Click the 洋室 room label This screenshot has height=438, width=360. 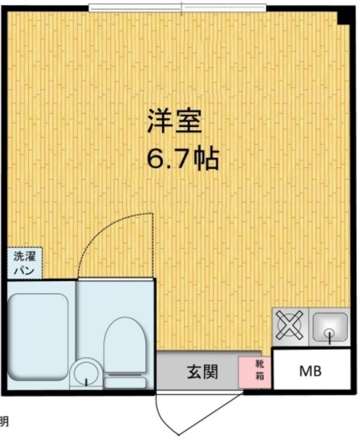click(174, 123)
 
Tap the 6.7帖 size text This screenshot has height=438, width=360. click(182, 159)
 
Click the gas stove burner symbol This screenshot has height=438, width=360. click(290, 326)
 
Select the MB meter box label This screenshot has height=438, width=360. click(312, 370)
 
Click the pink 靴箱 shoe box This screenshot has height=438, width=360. click(245, 370)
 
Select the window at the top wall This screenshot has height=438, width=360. click(178, 8)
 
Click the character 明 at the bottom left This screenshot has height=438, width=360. click(4, 421)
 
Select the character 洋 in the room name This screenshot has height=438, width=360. click(159, 123)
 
